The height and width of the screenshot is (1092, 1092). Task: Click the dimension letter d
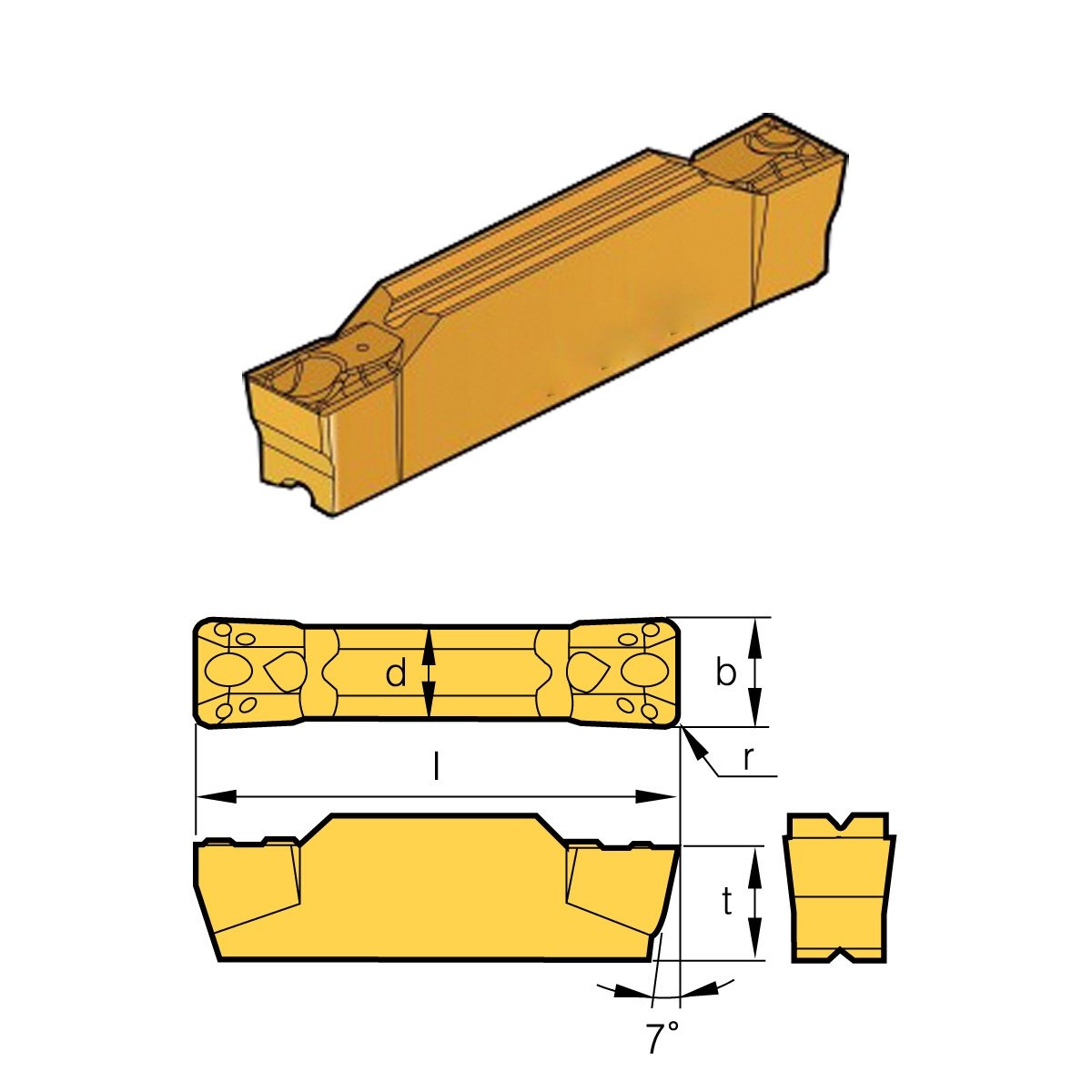(395, 674)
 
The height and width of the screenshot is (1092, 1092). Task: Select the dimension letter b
(725, 673)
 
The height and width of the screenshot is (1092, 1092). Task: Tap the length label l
(437, 769)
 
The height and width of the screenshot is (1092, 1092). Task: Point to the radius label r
(748, 758)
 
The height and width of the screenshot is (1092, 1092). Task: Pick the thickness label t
(727, 902)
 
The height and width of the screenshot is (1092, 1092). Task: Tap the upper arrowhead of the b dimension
(754, 630)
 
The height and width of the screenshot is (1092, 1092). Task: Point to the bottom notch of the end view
(838, 956)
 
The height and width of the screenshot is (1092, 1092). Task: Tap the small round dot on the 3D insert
(362, 347)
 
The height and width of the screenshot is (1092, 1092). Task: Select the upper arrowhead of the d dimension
(431, 639)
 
